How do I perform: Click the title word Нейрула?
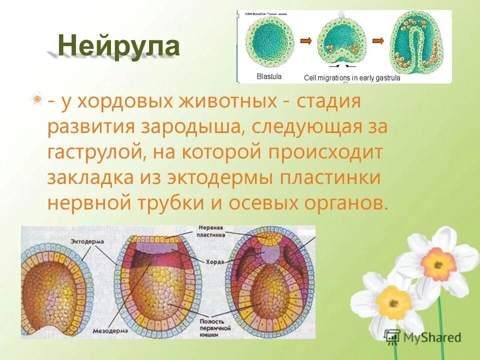118,46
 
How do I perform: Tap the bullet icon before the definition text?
36,99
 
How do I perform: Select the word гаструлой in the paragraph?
92,151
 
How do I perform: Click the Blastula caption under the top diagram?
269,77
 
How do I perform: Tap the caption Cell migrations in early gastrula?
352,78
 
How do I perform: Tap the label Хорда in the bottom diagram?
211,261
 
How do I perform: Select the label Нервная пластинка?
211,231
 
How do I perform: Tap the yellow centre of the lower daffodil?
389,300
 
